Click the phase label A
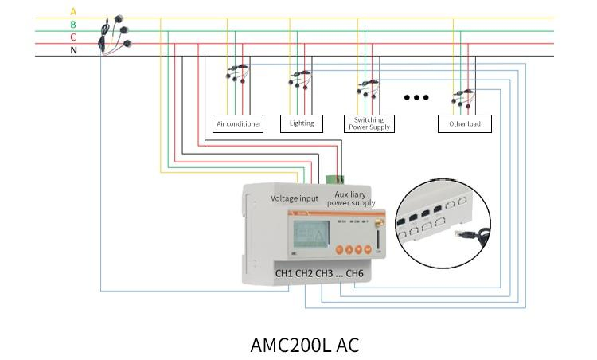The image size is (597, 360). tap(74, 11)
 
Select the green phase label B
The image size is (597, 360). tap(74, 24)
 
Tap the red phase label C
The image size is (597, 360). tap(74, 37)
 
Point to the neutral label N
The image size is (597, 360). tap(74, 50)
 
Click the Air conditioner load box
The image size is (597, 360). tap(239, 123)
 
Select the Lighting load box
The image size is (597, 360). tap(302, 123)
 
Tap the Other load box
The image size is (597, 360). tap(464, 123)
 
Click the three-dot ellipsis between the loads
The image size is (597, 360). tap(416, 98)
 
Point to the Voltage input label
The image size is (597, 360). tap(295, 198)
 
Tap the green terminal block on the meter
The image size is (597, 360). tap(335, 178)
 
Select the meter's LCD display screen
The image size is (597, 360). tap(311, 234)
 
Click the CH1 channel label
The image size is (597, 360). tap(284, 274)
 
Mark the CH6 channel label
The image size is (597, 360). tap(354, 274)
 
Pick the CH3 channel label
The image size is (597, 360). tap(323, 274)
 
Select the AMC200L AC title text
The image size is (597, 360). tap(305, 345)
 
